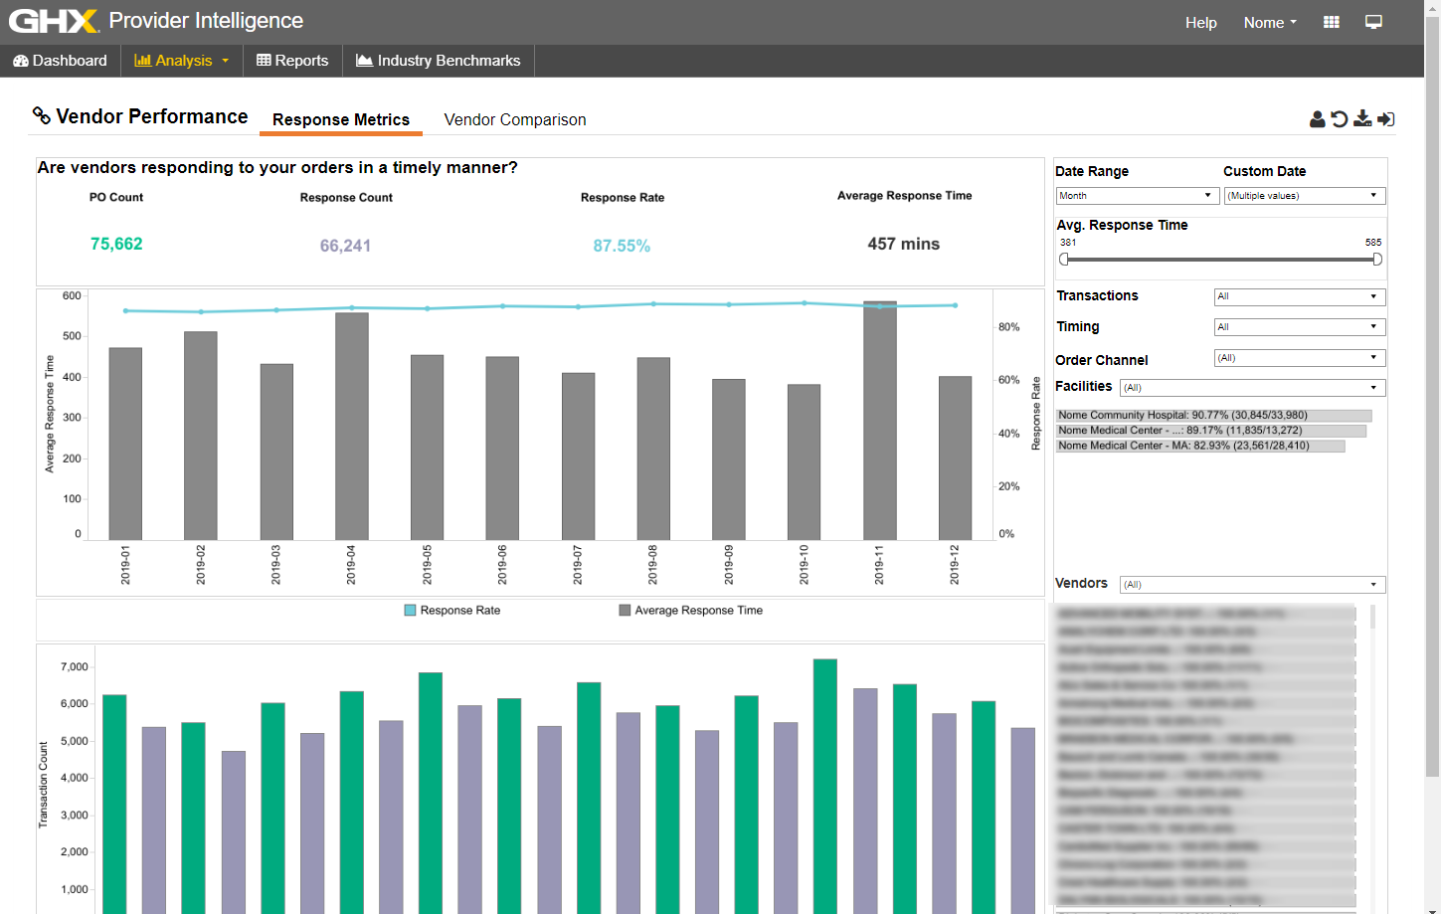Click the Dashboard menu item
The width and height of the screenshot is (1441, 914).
(60, 61)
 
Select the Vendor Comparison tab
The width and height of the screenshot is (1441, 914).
(514, 119)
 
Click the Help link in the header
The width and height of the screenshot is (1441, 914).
(1200, 23)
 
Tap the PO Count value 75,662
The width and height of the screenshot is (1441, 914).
(116, 244)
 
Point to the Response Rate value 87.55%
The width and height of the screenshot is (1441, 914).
(622, 246)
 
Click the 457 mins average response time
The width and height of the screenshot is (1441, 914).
(903, 244)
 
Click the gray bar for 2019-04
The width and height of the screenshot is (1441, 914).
(352, 428)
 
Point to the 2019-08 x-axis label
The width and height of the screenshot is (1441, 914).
(653, 564)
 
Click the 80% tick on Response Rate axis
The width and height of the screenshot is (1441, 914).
(1009, 327)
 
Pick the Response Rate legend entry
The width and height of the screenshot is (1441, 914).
(452, 611)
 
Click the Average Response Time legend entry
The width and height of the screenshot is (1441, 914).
(691, 611)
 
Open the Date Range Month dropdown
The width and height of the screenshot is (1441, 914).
(1137, 196)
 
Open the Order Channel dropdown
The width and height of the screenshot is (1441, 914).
(1299, 358)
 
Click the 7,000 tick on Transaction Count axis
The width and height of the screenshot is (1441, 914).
(75, 667)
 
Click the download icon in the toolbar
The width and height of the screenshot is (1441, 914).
(1362, 119)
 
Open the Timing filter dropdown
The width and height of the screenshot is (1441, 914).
(1299, 327)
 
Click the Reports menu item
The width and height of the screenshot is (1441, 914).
(292, 61)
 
